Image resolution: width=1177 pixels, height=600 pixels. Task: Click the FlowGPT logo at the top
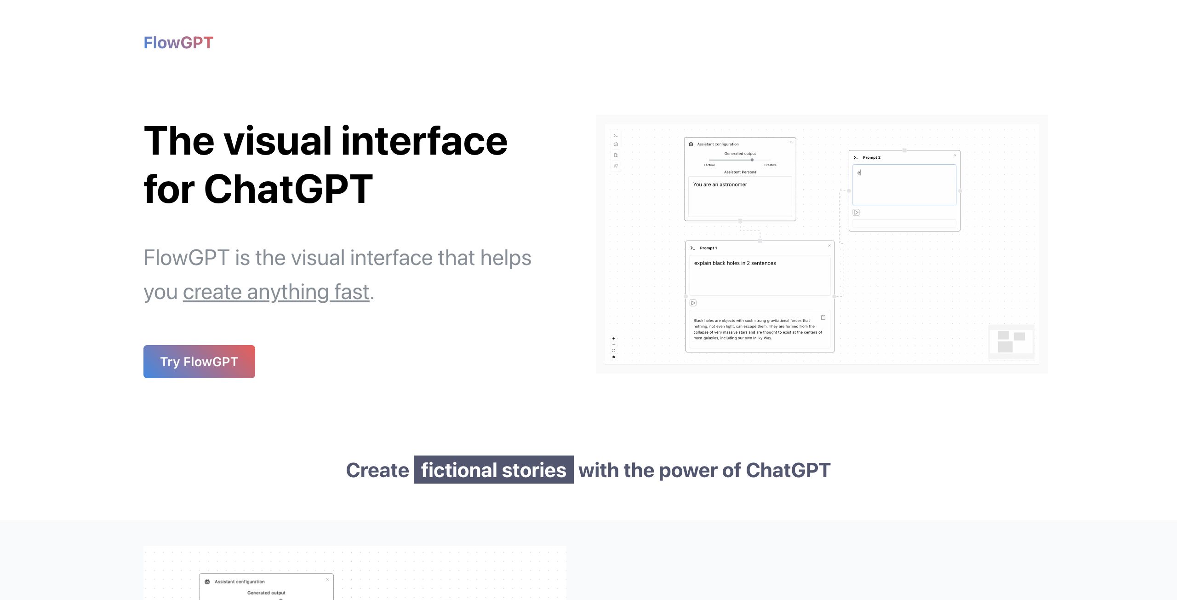[178, 43]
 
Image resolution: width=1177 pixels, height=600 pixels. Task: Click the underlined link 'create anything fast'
[276, 292]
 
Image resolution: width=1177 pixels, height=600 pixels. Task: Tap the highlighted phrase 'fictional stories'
[494, 470]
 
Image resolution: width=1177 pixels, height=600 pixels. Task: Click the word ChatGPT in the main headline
[288, 189]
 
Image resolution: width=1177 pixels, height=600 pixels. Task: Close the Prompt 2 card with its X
[955, 155]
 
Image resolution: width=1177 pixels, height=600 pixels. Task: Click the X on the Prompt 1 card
[829, 246]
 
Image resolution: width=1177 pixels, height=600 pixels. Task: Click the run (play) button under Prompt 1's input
[693, 303]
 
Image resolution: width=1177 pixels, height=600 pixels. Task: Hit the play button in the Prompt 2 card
[856, 212]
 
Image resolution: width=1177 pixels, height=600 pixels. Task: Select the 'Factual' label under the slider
[709, 165]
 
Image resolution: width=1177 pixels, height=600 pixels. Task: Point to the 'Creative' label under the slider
[771, 165]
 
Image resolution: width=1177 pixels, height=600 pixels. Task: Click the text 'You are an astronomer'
[720, 185]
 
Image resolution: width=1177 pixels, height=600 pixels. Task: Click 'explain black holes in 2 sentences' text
[735, 263]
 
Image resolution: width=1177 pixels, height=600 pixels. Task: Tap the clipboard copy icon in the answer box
[823, 317]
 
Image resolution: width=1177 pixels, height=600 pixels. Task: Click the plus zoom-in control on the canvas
[613, 339]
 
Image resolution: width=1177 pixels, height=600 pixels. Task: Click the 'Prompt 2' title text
[872, 157]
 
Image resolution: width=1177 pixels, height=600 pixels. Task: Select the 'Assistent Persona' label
[740, 172]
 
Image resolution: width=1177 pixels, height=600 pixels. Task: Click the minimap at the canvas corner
[1011, 342]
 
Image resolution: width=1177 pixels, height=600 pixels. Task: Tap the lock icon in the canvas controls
[613, 357]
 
